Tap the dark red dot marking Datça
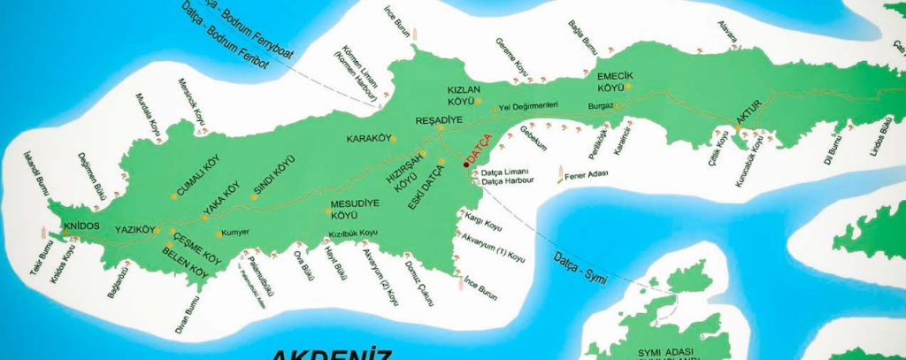pyautogui.click(x=466, y=165)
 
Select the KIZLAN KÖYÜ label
pyautogui.click(x=463, y=96)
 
